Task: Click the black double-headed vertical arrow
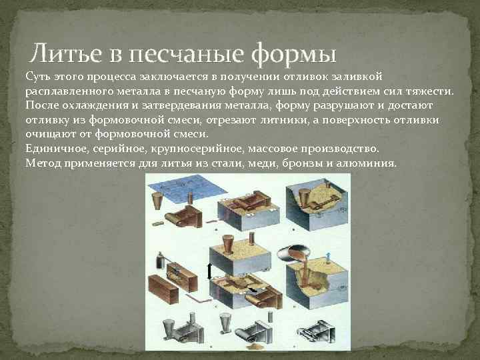tap(209, 271)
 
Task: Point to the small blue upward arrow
tap(328, 257)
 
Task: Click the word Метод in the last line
tap(42, 163)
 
